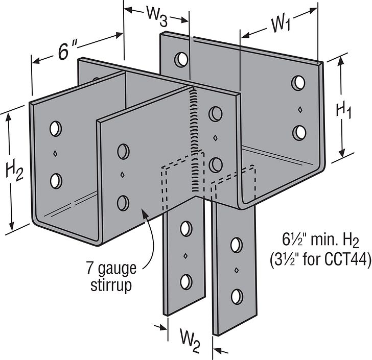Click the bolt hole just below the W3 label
click(180, 59)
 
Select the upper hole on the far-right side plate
click(299, 82)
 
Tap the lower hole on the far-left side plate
click(56, 180)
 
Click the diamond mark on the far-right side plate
click(299, 108)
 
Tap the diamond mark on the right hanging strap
click(236, 270)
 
